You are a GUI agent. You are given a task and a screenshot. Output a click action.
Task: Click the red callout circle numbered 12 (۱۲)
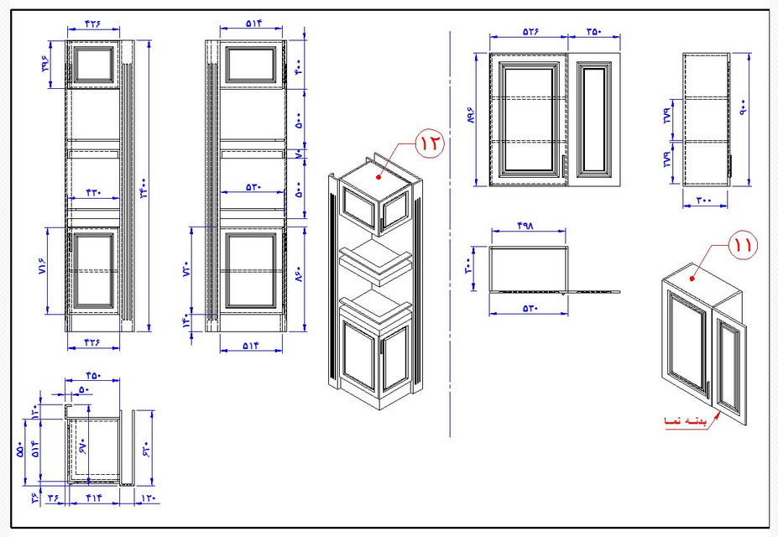[429, 143]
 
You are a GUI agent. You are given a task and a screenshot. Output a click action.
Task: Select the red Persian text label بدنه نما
[684, 419]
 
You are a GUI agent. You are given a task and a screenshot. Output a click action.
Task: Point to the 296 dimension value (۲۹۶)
[47, 65]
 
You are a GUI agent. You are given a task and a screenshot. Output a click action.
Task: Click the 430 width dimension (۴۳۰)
[92, 192]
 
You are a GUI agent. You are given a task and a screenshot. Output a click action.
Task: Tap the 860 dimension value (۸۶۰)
[297, 271]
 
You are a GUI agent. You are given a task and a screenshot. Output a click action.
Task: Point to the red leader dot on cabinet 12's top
[379, 177]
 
